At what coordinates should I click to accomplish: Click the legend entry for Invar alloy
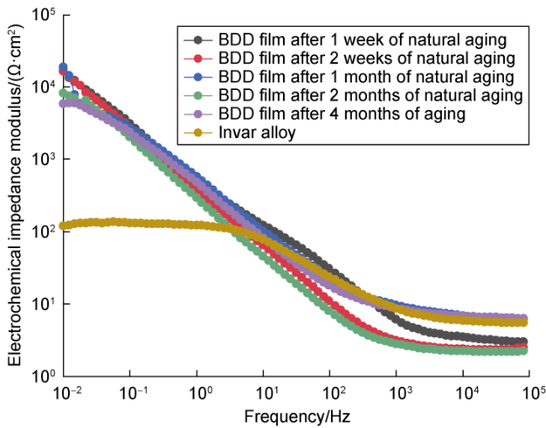point(251,132)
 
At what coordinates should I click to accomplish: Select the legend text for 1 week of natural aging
point(361,40)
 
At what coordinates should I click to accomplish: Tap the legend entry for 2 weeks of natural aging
point(365,58)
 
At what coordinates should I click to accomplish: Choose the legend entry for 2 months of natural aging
point(368,95)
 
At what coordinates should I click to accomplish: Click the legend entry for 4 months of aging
point(340,114)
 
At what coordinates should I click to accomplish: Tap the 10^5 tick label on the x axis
point(529,394)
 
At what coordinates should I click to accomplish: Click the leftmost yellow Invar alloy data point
point(64,226)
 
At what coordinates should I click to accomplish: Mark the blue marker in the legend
point(198,77)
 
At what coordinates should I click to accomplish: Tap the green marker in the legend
point(198,95)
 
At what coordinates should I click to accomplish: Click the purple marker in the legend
point(198,114)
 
